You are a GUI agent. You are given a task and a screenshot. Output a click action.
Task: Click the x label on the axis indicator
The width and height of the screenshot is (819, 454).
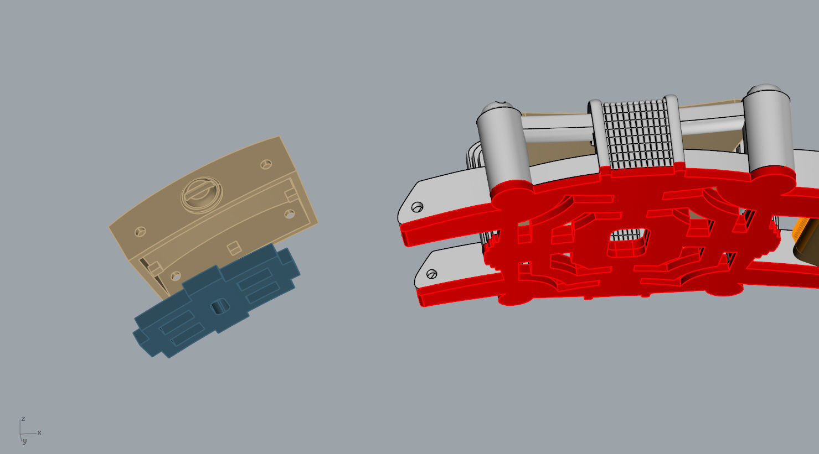(x=39, y=432)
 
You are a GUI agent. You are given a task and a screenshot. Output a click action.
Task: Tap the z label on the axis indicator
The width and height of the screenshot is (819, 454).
(x=23, y=419)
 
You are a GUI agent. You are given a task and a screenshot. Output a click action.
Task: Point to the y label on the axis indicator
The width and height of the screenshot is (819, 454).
(x=24, y=442)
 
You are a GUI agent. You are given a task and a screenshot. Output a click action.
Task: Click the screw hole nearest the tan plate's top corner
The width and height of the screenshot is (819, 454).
(x=266, y=164)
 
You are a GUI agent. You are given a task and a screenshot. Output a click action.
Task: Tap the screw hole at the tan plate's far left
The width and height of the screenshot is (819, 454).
(x=140, y=232)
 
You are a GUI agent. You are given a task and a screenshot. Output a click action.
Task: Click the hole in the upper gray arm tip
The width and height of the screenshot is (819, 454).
(x=417, y=207)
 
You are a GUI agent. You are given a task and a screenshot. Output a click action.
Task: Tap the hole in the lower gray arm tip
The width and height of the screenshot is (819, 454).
(x=432, y=274)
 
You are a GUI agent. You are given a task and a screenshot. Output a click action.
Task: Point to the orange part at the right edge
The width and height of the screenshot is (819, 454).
(x=806, y=238)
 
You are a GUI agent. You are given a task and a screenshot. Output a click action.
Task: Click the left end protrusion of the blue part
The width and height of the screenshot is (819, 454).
(x=138, y=335)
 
